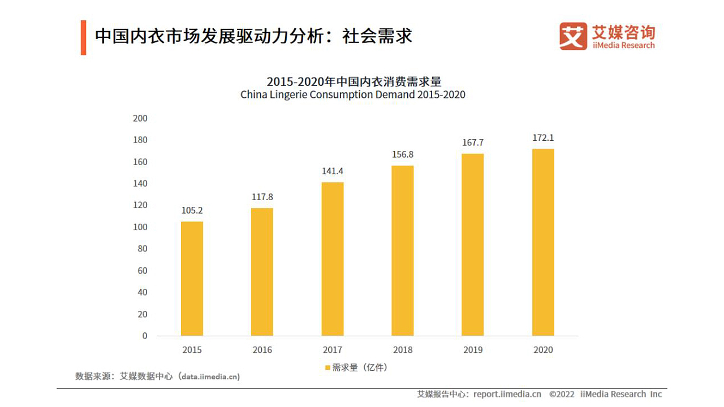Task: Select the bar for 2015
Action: (192, 278)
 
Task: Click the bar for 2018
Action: (402, 250)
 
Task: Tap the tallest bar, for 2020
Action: (542, 242)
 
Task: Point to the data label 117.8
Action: (262, 197)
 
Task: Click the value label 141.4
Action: (332, 171)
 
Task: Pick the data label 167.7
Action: (472, 142)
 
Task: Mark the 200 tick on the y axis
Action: (140, 118)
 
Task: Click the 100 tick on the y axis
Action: (140, 227)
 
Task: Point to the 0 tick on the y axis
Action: (144, 336)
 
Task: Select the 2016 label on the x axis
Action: (262, 350)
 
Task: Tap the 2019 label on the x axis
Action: (472, 350)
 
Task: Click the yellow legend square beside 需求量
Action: (327, 368)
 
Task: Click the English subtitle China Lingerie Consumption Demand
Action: (352, 95)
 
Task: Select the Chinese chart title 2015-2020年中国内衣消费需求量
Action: (352, 81)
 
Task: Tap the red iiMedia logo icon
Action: (573, 36)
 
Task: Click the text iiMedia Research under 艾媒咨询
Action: (623, 45)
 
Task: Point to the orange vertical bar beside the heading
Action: (83, 37)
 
